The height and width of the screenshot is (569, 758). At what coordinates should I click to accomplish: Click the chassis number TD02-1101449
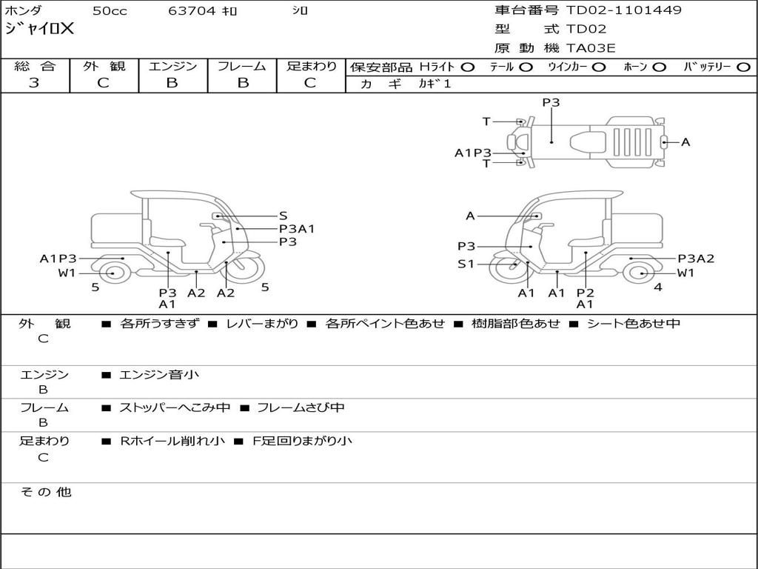pyautogui.click(x=623, y=10)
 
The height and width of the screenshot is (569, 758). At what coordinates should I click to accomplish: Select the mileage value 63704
pyautogui.click(x=192, y=11)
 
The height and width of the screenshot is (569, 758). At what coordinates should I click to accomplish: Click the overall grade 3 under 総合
pyautogui.click(x=34, y=83)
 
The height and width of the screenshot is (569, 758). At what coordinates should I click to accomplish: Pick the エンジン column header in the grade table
pyautogui.click(x=172, y=66)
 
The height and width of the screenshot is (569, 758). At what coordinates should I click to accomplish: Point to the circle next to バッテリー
pyautogui.click(x=743, y=67)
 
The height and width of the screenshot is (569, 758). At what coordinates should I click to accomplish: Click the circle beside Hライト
pyautogui.click(x=468, y=67)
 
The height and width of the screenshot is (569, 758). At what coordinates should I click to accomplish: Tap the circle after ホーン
pyautogui.click(x=660, y=67)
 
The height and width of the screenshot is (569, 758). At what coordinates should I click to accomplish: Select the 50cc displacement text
pyautogui.click(x=110, y=11)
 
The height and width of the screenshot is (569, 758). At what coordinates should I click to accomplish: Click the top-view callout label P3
pyautogui.click(x=551, y=102)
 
